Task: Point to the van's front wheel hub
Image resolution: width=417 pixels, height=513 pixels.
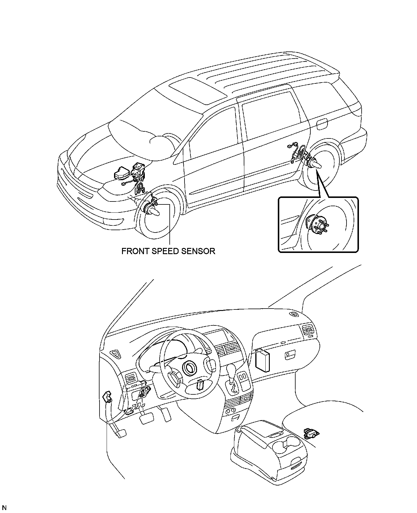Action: click(154, 211)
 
